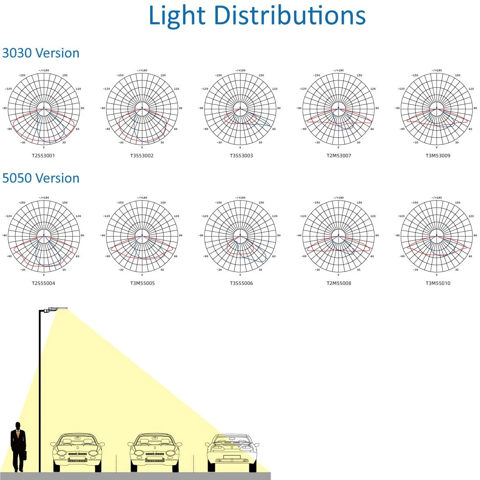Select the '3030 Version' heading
tap(41, 53)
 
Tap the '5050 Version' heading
tap(41, 178)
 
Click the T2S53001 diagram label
tap(43, 155)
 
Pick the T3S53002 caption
tap(142, 155)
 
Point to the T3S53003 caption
tap(241, 155)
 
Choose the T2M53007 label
tap(339, 155)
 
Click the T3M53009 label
tap(438, 155)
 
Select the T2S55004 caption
tap(43, 283)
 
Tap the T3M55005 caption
tap(142, 283)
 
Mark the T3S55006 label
tap(241, 283)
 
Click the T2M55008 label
tap(339, 283)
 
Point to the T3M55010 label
tap(438, 283)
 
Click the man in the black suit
tap(18, 447)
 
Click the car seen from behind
tap(232, 453)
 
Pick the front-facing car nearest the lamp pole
tap(78, 453)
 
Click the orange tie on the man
tap(18, 434)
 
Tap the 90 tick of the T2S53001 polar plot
tap(82, 108)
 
